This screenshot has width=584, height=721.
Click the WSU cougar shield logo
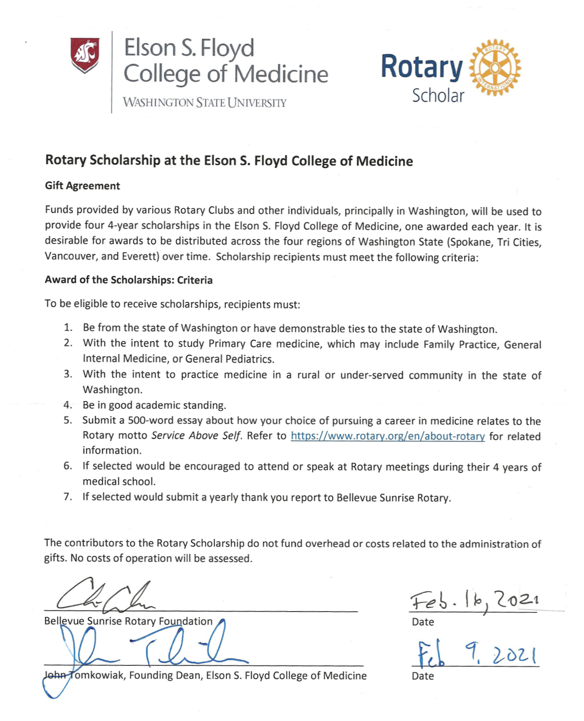[85, 55]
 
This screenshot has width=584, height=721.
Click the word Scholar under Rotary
[438, 96]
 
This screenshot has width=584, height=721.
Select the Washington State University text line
[205, 103]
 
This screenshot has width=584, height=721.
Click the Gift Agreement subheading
[82, 186]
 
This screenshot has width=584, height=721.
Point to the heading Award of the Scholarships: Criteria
[129, 280]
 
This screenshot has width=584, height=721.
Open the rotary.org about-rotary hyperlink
[388, 436]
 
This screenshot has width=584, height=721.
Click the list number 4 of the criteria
[67, 405]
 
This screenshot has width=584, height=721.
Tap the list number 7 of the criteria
[67, 497]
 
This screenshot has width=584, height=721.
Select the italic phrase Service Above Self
[196, 436]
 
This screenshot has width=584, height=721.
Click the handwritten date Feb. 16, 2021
[475, 600]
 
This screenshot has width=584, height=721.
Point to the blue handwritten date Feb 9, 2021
[477, 653]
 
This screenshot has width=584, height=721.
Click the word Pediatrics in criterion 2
[250, 359]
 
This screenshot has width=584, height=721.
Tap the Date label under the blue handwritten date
[423, 676]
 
